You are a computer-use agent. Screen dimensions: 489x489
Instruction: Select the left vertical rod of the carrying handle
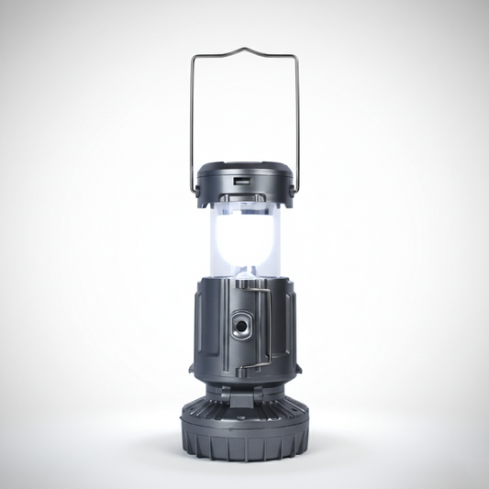(x=193, y=119)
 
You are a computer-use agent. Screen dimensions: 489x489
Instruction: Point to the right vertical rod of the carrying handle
(x=296, y=119)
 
